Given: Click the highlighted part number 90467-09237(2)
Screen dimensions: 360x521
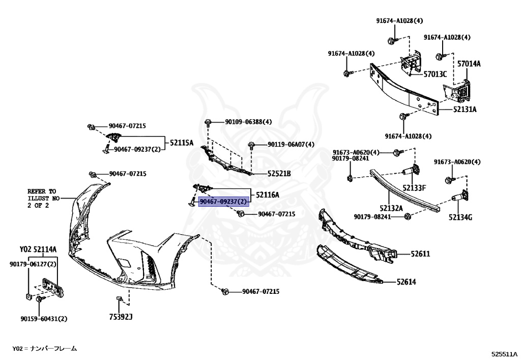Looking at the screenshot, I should click(223, 202).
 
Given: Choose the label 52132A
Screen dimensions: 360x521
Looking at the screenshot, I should click(391, 208).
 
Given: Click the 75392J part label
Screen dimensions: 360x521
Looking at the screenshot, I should click(121, 316).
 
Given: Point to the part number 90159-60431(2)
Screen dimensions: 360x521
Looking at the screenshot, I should click(44, 319).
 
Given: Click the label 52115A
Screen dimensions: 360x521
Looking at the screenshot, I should click(182, 143).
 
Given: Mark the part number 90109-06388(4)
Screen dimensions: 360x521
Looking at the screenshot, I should click(248, 122).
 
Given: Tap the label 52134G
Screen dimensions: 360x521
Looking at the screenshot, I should click(460, 217).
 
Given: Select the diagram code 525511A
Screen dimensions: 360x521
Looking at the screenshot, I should click(505, 353).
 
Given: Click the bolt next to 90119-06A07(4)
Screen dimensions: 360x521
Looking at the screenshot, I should click(251, 145).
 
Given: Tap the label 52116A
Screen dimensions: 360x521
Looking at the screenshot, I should click(268, 195).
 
